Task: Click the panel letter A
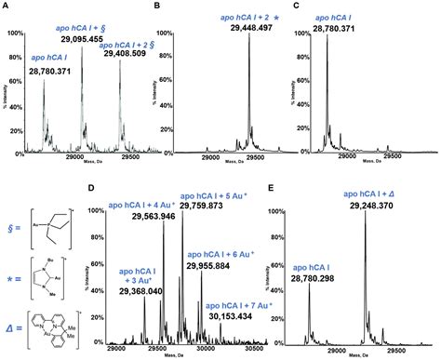(5, 6)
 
